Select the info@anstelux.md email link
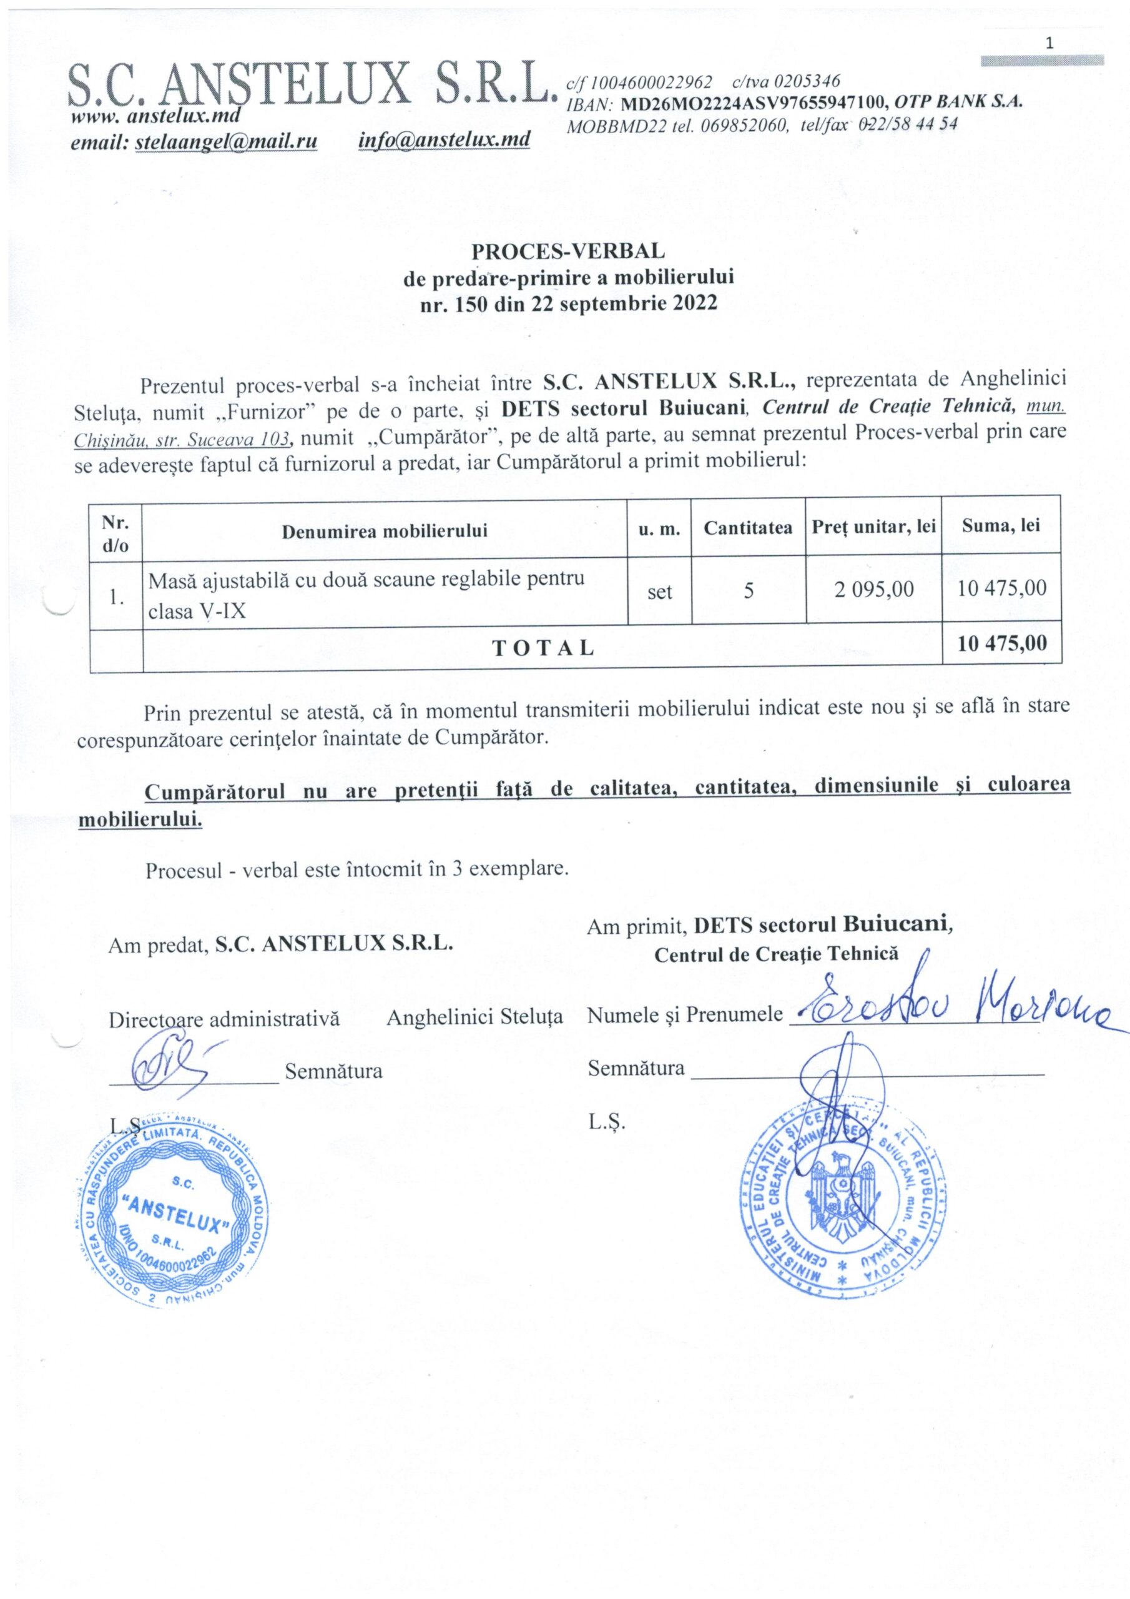coord(445,140)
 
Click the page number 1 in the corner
coord(1049,43)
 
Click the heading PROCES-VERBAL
coord(568,249)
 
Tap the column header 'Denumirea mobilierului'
coord(385,532)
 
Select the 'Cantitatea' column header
coord(748,528)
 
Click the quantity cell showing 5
coord(749,592)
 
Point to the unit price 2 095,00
coord(874,589)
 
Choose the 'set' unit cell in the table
coord(659,592)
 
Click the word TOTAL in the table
coord(543,648)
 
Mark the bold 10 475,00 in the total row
coord(1002,643)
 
